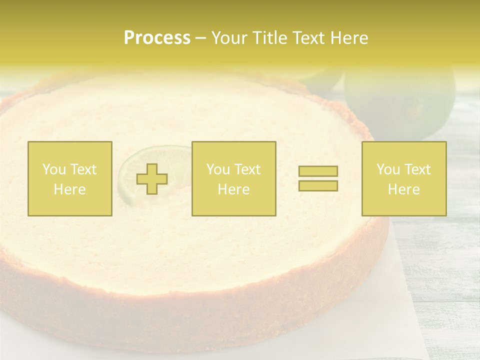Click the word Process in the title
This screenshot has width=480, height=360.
157,38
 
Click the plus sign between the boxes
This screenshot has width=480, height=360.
152,178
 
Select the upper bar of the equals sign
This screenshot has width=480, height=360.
318,171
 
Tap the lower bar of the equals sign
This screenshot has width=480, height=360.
318,185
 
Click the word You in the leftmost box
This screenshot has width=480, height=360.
54,169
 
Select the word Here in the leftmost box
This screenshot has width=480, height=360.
69,189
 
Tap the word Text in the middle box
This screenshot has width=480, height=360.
247,169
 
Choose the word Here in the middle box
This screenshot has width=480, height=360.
233,189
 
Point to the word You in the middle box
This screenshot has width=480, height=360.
218,169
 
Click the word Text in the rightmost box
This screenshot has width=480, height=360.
417,169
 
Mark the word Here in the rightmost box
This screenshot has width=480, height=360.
403,189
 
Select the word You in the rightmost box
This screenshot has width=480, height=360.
388,169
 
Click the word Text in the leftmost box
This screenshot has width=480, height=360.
83,169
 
